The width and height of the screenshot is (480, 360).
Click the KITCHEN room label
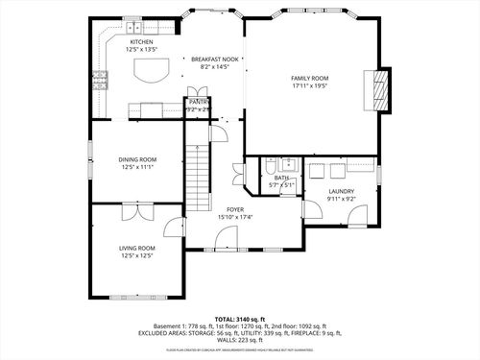click(141, 42)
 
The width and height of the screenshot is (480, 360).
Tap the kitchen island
click(149, 71)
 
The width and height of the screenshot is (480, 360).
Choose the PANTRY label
click(199, 101)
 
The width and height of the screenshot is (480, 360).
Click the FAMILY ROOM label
click(310, 78)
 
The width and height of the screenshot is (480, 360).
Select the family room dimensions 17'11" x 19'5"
click(310, 85)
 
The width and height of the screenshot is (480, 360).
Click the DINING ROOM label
click(137, 159)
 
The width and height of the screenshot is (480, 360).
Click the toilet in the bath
click(271, 166)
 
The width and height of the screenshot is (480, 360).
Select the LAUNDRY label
click(341, 191)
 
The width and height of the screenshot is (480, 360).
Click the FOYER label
click(234, 208)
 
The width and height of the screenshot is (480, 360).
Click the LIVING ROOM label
click(137, 248)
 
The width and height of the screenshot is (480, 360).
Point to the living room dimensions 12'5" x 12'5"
click(137, 255)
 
